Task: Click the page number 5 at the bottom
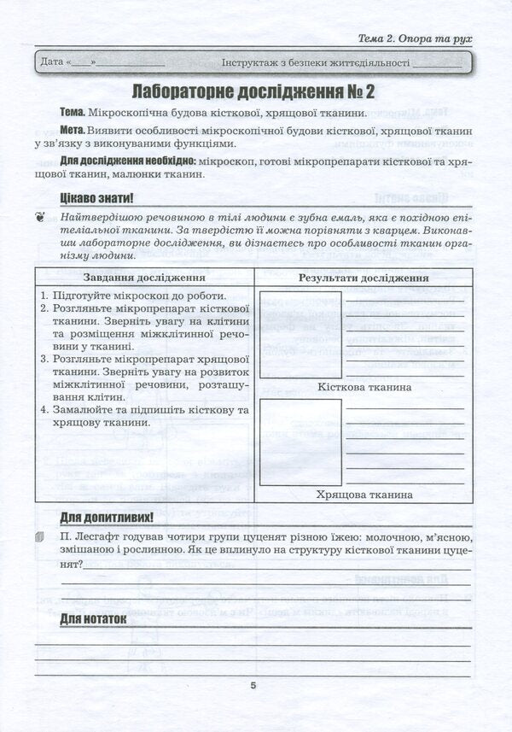click(253, 685)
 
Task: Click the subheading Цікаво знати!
click(96, 198)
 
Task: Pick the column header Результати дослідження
click(364, 278)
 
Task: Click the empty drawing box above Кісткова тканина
click(300, 334)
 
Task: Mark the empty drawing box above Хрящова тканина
click(300, 442)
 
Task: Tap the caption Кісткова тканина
click(364, 387)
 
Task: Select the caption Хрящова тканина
click(364, 495)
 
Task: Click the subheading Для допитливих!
click(106, 518)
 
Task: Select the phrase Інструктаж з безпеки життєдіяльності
click(315, 62)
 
